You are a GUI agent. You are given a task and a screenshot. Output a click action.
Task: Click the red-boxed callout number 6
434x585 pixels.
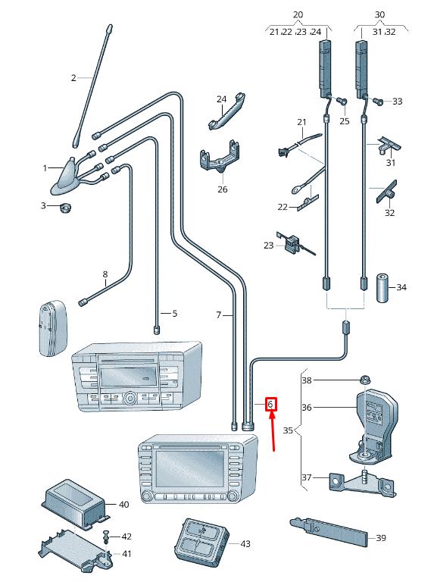270,404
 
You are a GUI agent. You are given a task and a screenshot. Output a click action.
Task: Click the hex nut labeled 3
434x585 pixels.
66,207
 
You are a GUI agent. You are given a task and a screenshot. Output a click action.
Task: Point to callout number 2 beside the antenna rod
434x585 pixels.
73,77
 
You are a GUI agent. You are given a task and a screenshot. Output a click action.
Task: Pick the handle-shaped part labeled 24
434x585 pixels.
226,111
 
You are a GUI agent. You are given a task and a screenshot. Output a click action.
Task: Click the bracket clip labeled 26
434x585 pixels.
220,157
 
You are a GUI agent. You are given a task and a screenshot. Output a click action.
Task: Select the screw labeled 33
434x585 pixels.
378,101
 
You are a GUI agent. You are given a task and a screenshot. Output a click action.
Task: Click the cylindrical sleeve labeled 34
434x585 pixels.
382,288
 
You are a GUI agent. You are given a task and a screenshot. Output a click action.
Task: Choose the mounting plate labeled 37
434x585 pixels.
361,483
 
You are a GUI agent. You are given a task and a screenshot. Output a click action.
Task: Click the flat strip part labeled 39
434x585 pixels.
329,532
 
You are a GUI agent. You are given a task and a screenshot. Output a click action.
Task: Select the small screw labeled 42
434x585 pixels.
106,537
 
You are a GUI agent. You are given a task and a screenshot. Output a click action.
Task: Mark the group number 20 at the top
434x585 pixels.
298,14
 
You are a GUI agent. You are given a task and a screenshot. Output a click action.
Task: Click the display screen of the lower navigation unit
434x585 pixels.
190,468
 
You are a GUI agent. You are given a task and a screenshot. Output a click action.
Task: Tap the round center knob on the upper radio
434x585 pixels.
130,398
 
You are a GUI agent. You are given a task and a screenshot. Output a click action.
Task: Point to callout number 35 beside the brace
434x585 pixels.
288,430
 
